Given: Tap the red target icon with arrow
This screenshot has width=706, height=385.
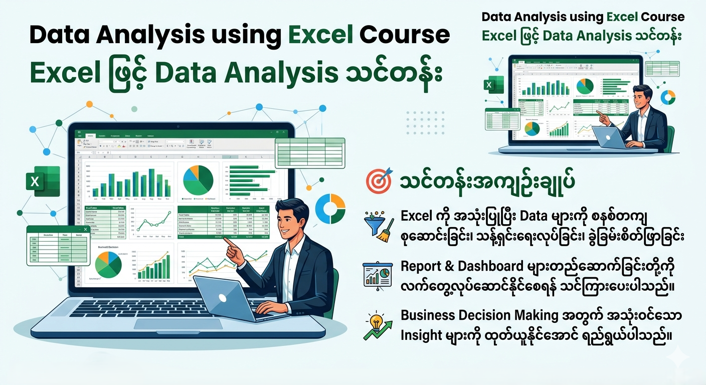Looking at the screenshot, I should [379, 181].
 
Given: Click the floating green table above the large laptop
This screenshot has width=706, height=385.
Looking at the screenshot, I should [310, 153].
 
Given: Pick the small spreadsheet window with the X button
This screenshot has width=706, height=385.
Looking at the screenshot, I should [58, 246].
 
